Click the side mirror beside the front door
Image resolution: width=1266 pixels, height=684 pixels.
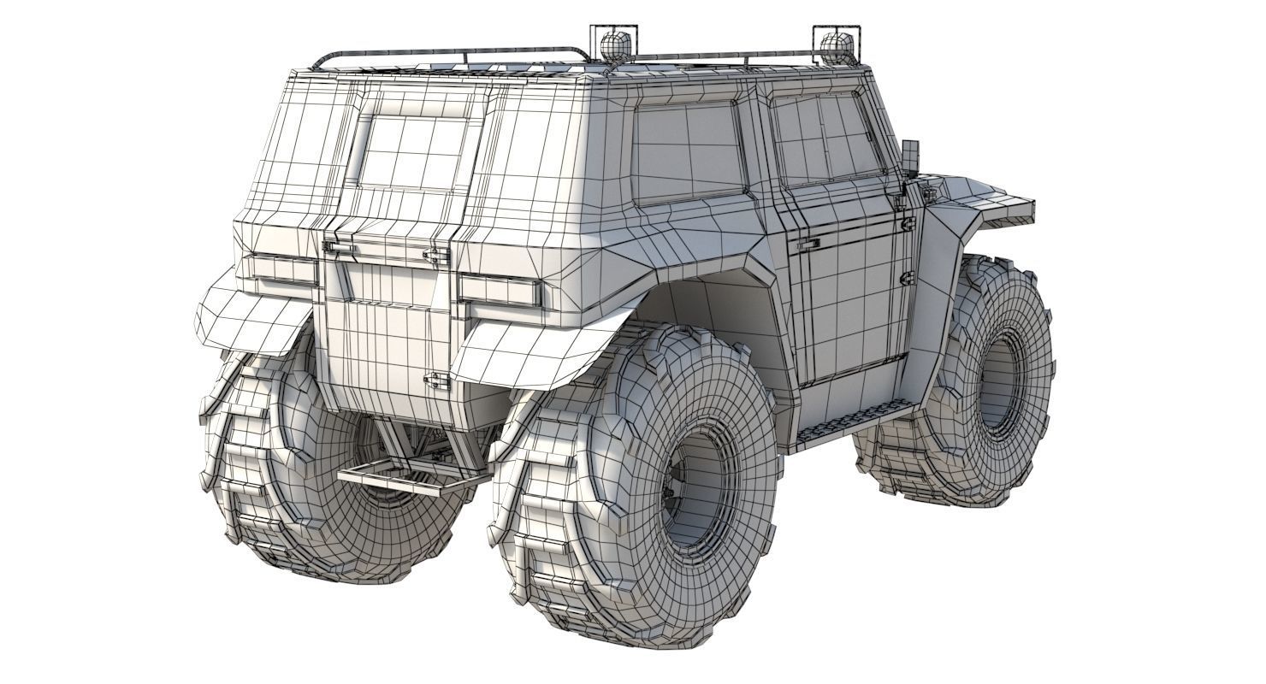pos(910,156)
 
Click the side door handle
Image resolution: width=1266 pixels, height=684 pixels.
pos(808,245)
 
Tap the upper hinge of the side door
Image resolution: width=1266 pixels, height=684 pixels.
pos(908,224)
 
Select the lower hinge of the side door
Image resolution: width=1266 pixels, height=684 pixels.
pos(908,278)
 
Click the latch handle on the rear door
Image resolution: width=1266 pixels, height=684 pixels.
pos(339,247)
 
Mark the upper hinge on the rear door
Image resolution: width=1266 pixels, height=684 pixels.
pos(436,256)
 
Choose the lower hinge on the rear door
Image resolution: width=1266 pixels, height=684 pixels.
pos(436,381)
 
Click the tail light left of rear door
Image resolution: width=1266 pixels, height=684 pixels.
pos(283,268)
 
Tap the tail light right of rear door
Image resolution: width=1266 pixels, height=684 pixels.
pos(500,291)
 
